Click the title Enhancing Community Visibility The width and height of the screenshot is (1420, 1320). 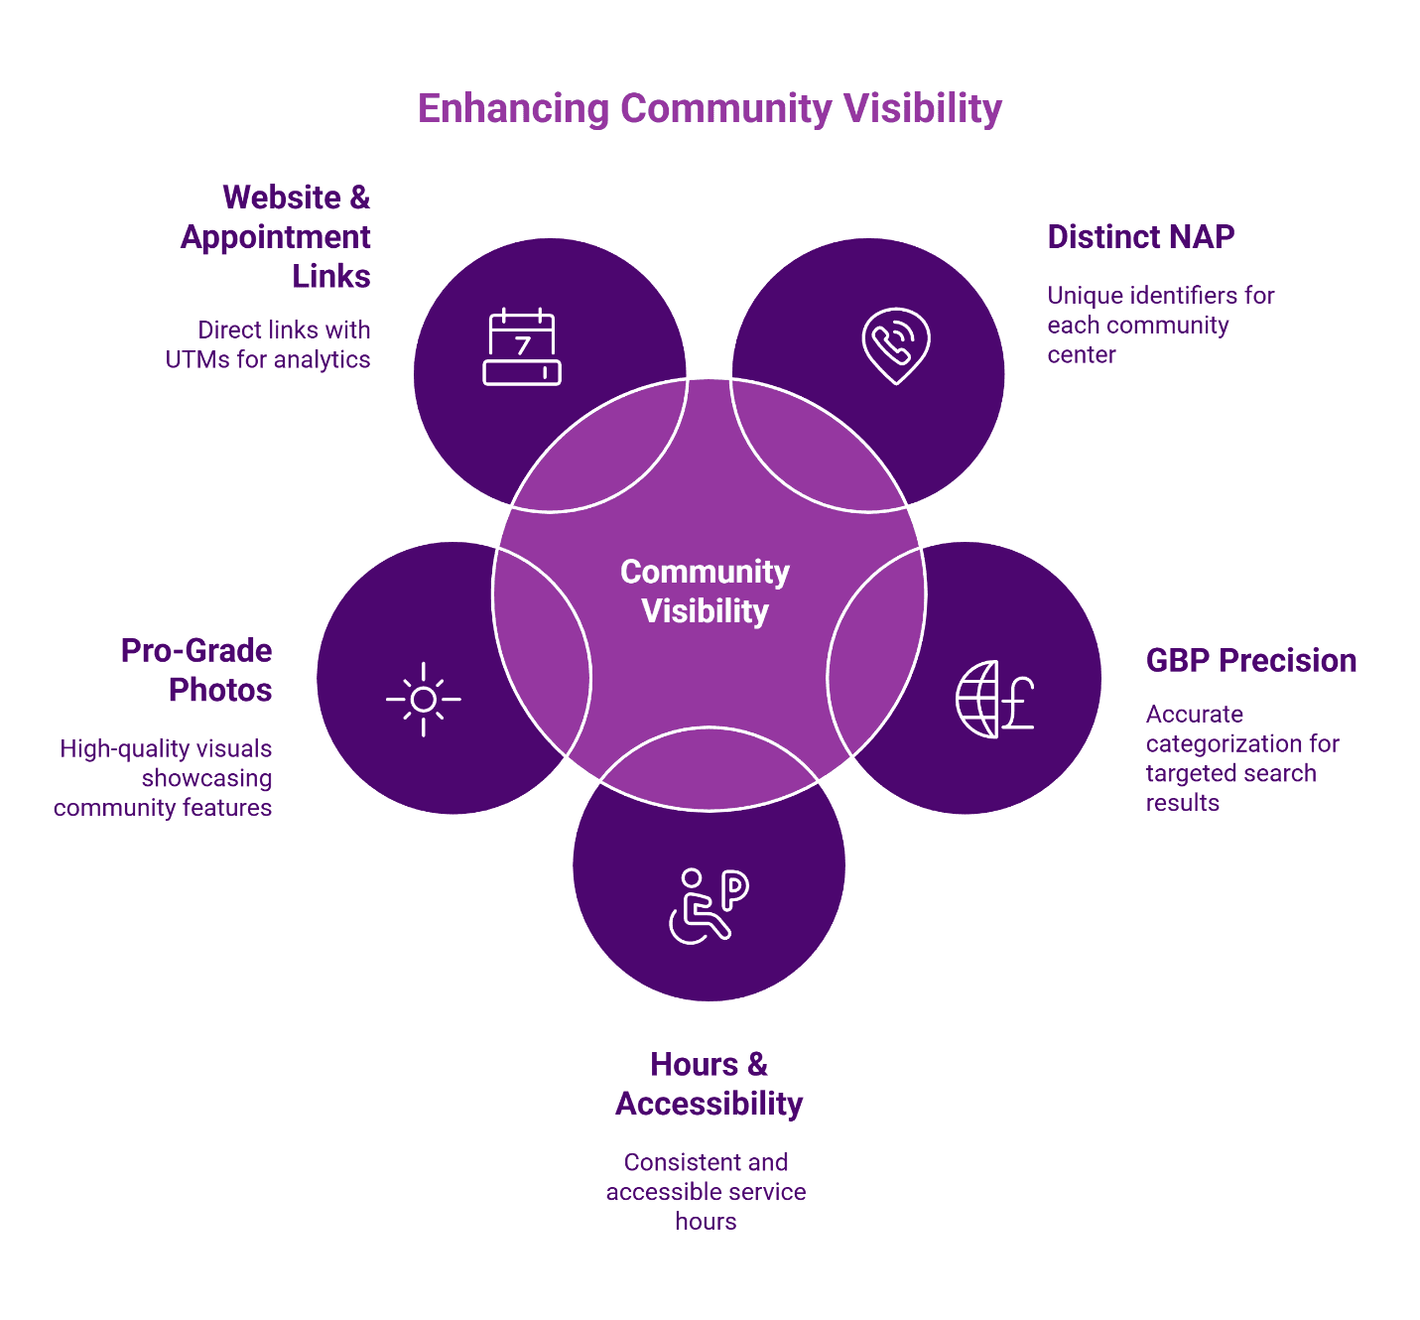click(710, 108)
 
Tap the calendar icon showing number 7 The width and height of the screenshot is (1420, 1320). click(522, 346)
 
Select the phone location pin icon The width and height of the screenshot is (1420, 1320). click(896, 345)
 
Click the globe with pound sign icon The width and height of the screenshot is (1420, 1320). click(994, 699)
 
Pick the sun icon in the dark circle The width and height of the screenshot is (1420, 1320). click(424, 700)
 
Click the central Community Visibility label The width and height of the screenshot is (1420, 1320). click(705, 592)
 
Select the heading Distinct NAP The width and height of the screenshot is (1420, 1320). click(1140, 237)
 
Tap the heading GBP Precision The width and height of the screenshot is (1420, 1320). click(1250, 661)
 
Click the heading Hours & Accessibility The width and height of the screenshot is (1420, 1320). click(709, 1084)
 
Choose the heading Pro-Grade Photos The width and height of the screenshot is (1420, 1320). click(197, 670)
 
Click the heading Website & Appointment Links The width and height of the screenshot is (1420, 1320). click(277, 236)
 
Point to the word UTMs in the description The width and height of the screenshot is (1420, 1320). click(196, 359)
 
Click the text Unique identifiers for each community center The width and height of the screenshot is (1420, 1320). click(1160, 325)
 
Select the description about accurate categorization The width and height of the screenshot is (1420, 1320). click(1241, 758)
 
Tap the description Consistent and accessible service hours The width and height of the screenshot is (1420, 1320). click(706, 1191)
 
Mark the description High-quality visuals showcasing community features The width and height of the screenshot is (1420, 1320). click(164, 778)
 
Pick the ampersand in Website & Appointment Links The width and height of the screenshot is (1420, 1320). click(359, 198)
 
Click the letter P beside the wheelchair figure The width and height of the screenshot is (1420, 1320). click(734, 890)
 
